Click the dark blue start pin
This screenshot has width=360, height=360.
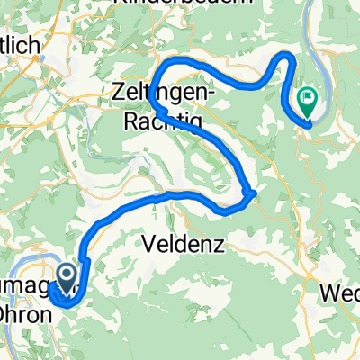[x=66, y=275]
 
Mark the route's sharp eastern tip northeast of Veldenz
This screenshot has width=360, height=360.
[x=256, y=192]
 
